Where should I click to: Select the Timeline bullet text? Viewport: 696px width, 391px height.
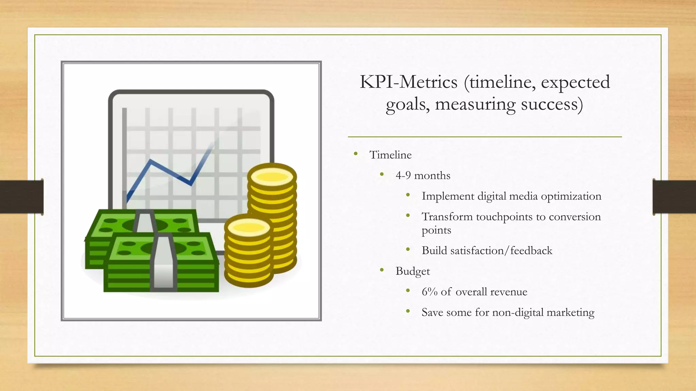point(390,155)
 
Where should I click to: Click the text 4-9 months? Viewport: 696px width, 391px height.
point(423,176)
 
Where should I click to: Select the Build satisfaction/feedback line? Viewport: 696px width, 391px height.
point(487,251)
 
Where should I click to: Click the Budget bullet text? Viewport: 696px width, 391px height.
point(413,272)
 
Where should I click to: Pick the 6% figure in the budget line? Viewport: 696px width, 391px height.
point(429,292)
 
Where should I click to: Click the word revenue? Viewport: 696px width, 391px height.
point(508,292)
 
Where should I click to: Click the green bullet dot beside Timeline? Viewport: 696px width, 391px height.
point(356,154)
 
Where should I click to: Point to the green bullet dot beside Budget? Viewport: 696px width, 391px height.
point(382,271)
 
